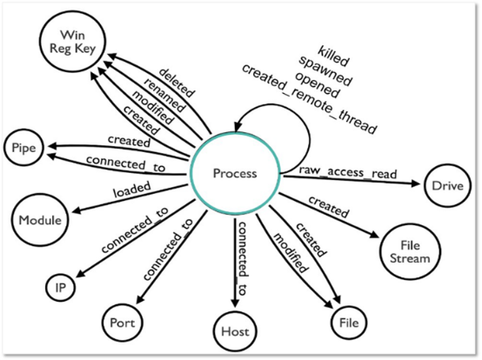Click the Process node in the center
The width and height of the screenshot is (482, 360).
(x=235, y=174)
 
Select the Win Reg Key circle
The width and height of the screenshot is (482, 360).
(x=72, y=42)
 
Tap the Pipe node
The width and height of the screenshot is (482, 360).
(x=23, y=148)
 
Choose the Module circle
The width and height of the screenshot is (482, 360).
(x=40, y=220)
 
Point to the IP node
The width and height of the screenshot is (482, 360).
(x=61, y=288)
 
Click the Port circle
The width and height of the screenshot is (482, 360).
(x=123, y=323)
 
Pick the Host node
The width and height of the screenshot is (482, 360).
(x=235, y=331)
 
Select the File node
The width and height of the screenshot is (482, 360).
(x=349, y=323)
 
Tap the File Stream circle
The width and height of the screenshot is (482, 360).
(x=410, y=252)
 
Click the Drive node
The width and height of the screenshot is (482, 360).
(x=447, y=186)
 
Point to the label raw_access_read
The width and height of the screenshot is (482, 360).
(x=348, y=172)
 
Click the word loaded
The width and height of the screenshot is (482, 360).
(x=132, y=190)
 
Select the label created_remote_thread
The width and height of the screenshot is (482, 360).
(x=309, y=99)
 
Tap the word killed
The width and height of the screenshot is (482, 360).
(x=333, y=57)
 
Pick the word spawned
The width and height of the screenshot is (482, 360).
(x=325, y=70)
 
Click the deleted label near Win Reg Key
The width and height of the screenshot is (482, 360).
(x=177, y=83)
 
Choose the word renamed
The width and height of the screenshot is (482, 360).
(x=165, y=95)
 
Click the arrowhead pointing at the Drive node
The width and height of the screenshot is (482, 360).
(x=416, y=183)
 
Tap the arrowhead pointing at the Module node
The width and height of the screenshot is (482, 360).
(x=77, y=210)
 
